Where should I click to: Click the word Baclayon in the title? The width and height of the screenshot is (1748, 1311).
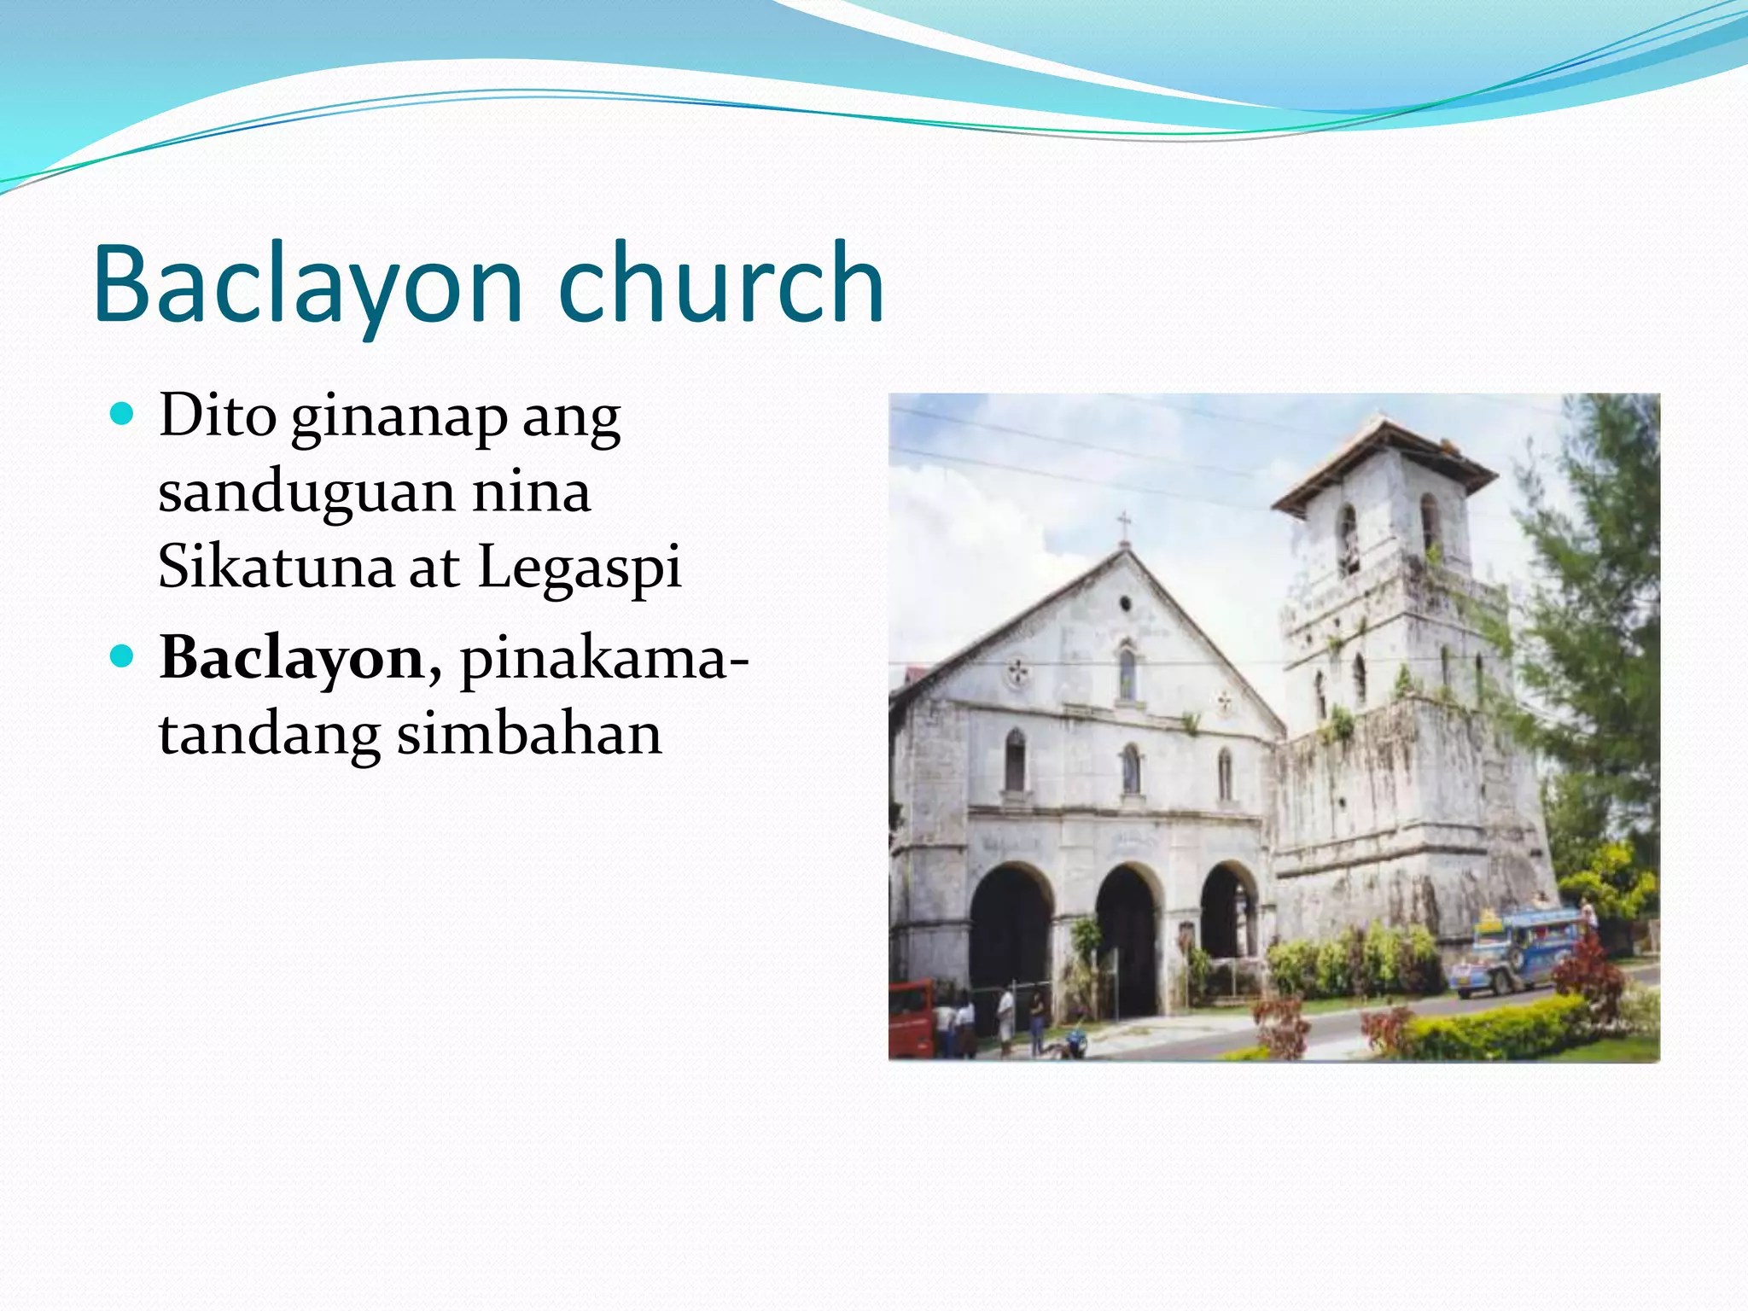[307, 284]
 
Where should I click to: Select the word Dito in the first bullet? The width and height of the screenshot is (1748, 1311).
[218, 416]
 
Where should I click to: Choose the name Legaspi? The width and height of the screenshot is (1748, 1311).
[580, 568]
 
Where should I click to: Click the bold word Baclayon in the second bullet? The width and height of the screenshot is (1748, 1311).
[292, 659]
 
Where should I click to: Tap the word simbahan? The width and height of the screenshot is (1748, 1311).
[529, 734]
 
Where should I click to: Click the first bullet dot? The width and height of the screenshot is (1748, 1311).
[123, 415]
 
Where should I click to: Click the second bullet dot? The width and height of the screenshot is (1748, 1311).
[123, 657]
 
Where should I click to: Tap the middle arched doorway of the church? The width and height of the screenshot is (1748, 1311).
[1128, 939]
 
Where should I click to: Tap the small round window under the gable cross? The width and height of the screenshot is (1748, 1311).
[1125, 603]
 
